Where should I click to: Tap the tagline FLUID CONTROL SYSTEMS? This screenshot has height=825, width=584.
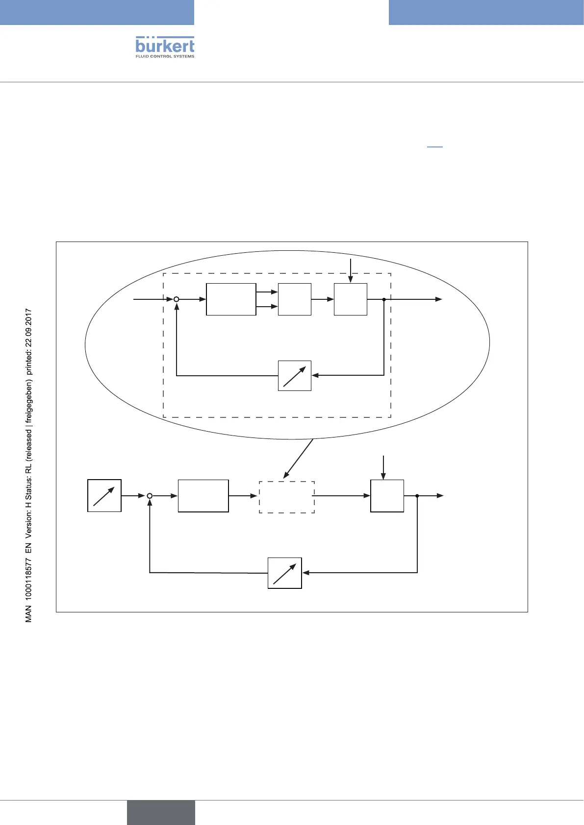pyautogui.click(x=165, y=56)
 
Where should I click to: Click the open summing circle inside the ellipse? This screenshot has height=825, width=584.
pyautogui.click(x=177, y=299)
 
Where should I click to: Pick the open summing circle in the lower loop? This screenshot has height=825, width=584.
pyautogui.click(x=150, y=496)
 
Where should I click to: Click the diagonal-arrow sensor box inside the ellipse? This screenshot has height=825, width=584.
pyautogui.click(x=295, y=376)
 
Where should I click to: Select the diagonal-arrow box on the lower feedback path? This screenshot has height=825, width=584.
pyautogui.click(x=285, y=573)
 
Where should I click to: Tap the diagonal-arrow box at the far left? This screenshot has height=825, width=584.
pyautogui.click(x=104, y=496)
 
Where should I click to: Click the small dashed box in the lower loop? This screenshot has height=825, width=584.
pyautogui.click(x=286, y=497)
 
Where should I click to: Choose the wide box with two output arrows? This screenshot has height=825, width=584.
pyautogui.click(x=231, y=299)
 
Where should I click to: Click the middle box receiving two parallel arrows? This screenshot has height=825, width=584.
pyautogui.click(x=295, y=299)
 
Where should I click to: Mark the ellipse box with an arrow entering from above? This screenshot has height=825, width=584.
pyautogui.click(x=351, y=299)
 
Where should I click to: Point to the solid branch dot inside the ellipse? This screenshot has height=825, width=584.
pyautogui.click(x=384, y=299)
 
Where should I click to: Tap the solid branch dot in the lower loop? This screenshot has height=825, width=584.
pyautogui.click(x=417, y=496)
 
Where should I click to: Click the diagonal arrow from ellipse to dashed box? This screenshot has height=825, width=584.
pyautogui.click(x=299, y=458)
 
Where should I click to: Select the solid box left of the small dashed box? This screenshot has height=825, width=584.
pyautogui.click(x=203, y=496)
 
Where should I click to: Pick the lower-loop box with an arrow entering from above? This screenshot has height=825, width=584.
pyautogui.click(x=387, y=496)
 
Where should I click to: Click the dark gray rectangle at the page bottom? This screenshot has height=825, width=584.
pyautogui.click(x=161, y=812)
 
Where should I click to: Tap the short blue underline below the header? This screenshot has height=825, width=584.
pyautogui.click(x=435, y=146)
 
